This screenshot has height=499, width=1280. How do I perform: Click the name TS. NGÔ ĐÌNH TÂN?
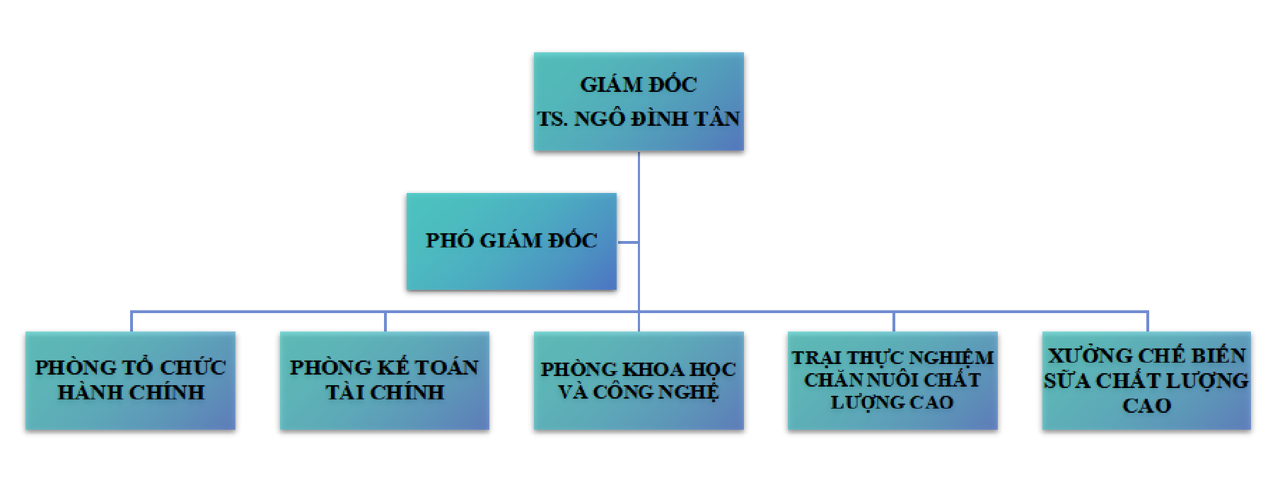tap(638, 119)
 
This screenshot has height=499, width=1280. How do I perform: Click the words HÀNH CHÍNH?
tap(131, 392)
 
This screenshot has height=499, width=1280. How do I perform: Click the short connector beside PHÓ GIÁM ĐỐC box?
tap(628, 242)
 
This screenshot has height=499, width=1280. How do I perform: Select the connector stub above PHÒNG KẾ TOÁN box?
tap(385, 322)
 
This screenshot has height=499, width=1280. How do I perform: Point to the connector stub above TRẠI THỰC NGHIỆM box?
tap(893, 322)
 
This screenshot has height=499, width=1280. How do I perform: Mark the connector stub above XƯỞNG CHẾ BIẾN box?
tap(1147, 322)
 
